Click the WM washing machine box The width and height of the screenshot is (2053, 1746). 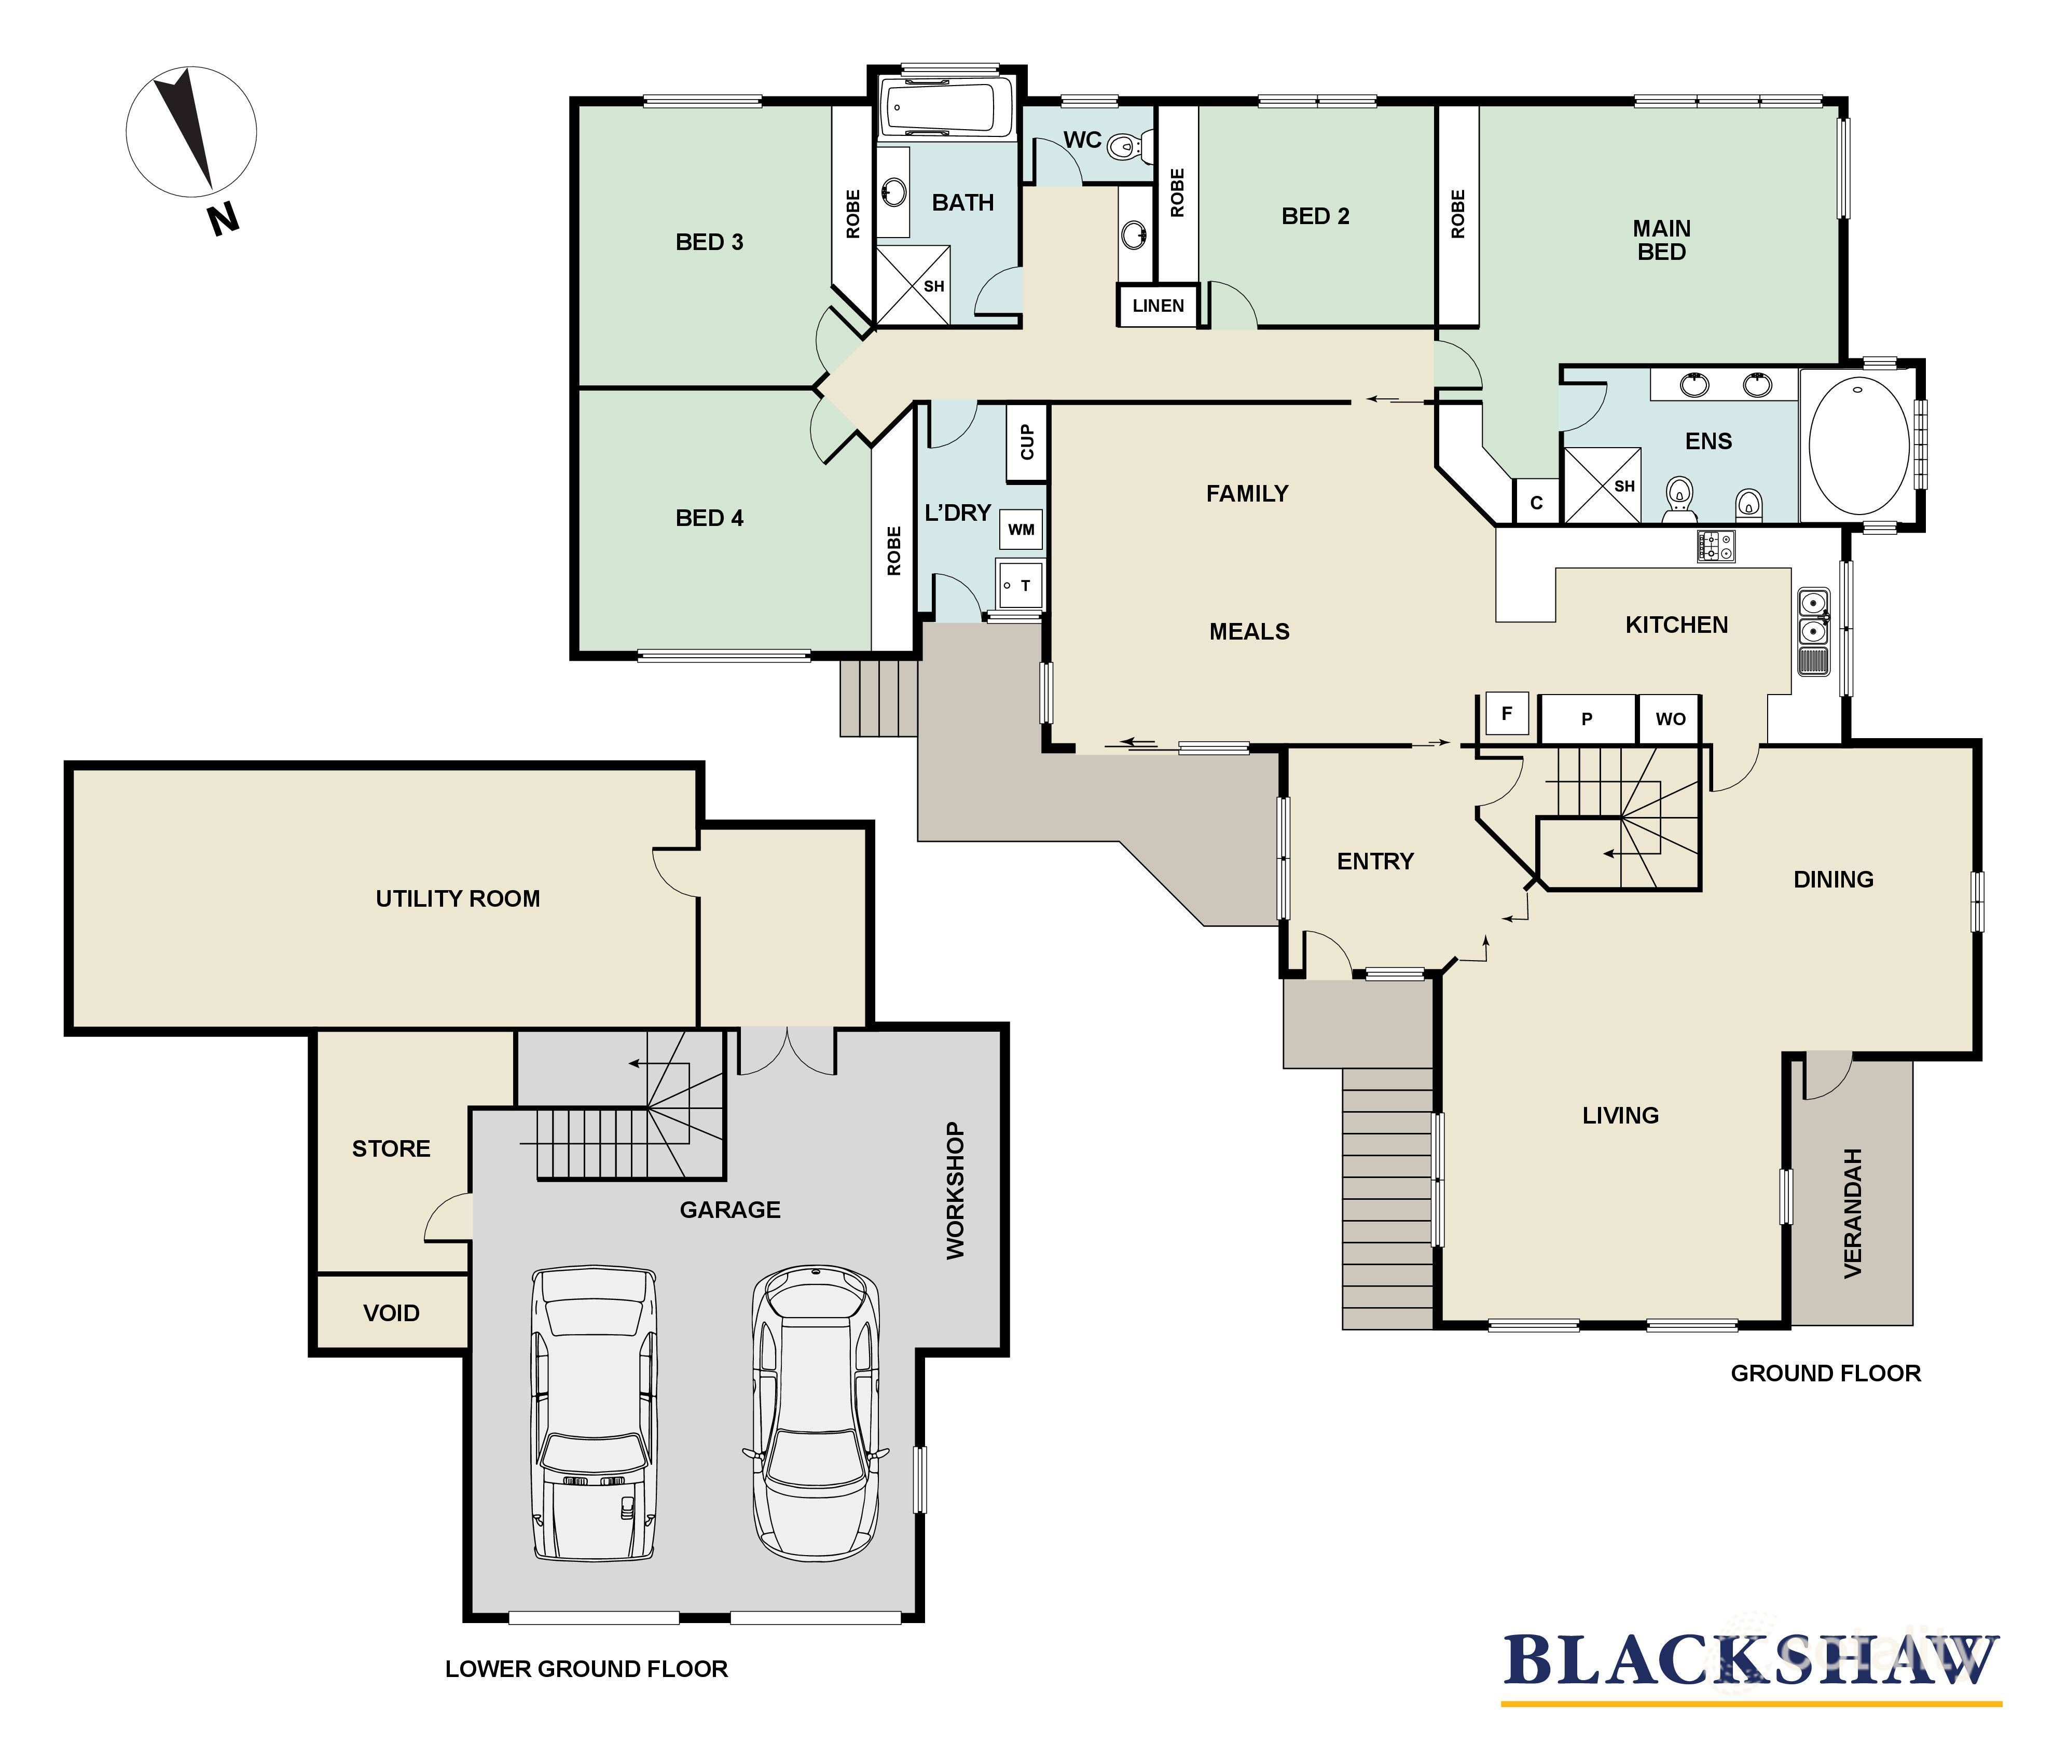pyautogui.click(x=1021, y=530)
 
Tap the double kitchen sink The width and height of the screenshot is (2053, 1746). pyautogui.click(x=1812, y=618)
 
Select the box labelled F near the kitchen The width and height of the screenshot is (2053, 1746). pyautogui.click(x=1507, y=714)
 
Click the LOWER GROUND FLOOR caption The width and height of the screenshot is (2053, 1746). pyautogui.click(x=586, y=1669)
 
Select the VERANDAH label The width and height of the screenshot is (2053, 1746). pyautogui.click(x=1852, y=1213)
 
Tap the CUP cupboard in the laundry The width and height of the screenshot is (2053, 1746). pyautogui.click(x=1026, y=442)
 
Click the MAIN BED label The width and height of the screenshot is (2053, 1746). pyautogui.click(x=1661, y=240)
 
